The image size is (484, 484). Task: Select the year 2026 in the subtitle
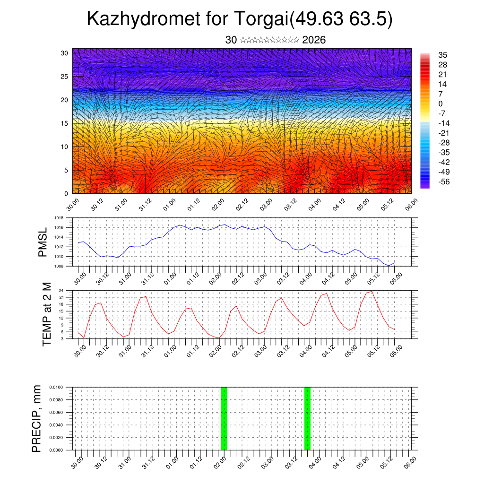tap(314, 40)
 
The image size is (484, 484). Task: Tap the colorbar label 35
tap(442, 55)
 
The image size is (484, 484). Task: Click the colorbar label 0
tap(441, 104)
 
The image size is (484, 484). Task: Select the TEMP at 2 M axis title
tap(46, 314)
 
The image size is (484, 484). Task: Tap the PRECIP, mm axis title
tap(36, 418)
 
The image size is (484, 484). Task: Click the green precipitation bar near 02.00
tap(224, 418)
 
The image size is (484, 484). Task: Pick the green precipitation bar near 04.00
tap(307, 418)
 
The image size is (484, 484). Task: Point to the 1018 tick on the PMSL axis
tap(59, 218)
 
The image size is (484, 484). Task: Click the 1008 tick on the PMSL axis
tap(59, 266)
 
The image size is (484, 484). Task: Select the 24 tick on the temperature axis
tap(61, 290)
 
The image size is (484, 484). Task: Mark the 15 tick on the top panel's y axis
tap(65, 123)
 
